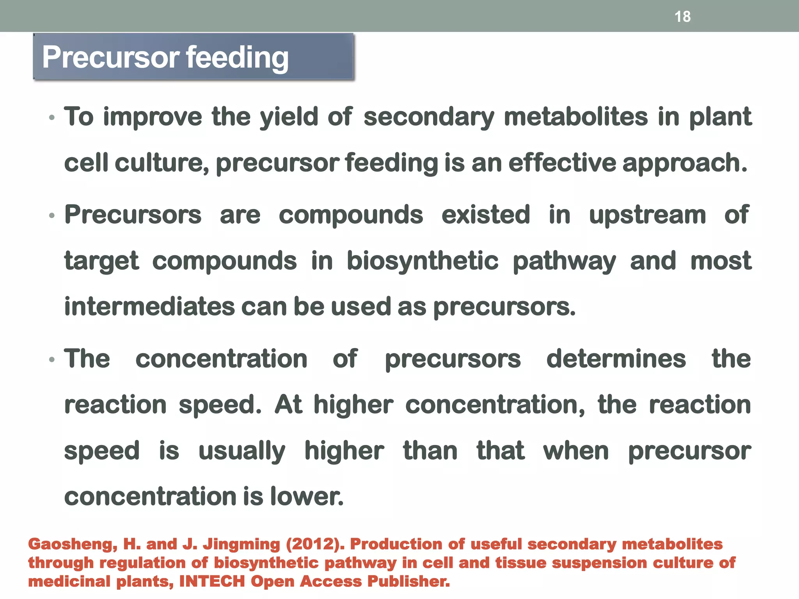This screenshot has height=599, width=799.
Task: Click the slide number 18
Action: coord(682,17)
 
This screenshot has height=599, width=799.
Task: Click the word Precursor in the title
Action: coord(110,57)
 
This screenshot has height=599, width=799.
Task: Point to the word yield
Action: coord(289,117)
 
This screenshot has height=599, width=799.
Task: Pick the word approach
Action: coord(685,163)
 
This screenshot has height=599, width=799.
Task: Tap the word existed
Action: coord(486,215)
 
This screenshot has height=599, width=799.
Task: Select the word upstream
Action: coord(647,216)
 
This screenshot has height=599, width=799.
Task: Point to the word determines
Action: coord(616,359)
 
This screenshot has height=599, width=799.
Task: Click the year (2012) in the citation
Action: coord(315,544)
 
